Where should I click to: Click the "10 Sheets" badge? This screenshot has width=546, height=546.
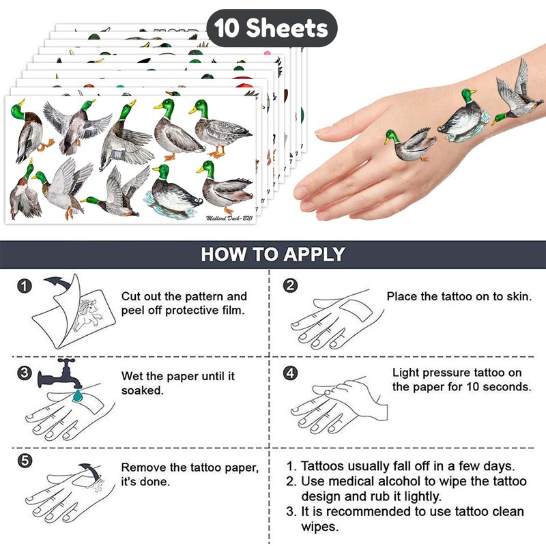(272, 28)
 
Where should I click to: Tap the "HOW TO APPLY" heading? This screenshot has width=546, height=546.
(273, 254)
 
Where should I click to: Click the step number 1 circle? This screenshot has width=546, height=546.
(25, 286)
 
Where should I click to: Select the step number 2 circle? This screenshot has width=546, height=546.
(291, 285)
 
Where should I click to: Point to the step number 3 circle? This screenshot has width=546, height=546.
(25, 373)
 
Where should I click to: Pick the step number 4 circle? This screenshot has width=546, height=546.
(291, 373)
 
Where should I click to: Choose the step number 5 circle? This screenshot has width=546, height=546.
(25, 461)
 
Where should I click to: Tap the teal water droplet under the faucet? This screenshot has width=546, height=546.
(78, 396)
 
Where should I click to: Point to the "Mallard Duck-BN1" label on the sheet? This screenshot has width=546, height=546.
(229, 218)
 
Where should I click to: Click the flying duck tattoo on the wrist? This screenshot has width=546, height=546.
(518, 94)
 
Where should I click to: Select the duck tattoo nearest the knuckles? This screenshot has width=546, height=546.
(410, 145)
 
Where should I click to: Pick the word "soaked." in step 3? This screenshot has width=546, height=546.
(143, 390)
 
